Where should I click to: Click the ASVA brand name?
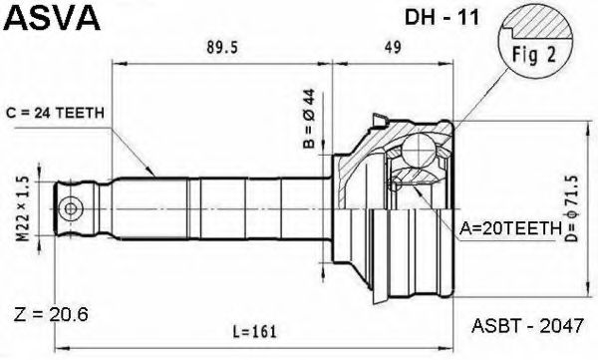50,18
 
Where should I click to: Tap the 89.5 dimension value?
218,45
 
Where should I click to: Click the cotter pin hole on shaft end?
72,209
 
